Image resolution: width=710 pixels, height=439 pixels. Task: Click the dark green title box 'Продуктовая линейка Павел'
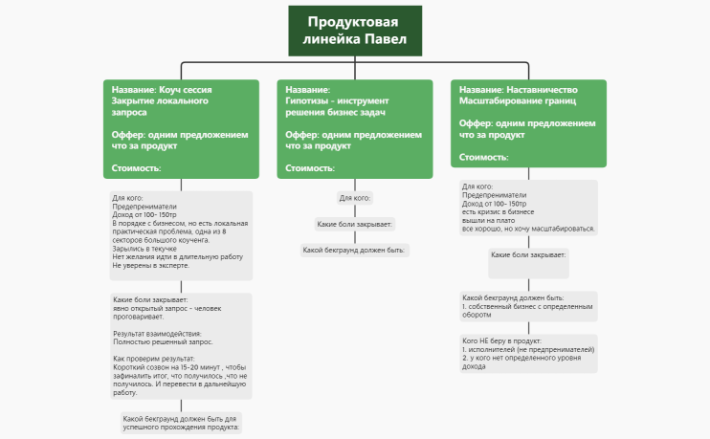click(355, 31)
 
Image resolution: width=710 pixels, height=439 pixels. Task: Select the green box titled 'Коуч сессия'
click(181, 129)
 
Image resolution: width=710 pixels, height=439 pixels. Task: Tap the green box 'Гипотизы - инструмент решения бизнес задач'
click(355, 129)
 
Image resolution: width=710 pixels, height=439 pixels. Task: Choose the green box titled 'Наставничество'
click(528, 123)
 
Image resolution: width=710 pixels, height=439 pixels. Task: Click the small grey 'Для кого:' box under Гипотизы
click(355, 198)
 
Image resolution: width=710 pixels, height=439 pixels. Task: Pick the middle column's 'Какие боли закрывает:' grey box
click(355, 224)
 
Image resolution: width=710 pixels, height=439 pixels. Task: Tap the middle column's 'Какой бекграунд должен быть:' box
click(355, 250)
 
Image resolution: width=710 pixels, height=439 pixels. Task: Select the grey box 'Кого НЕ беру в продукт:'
click(528, 354)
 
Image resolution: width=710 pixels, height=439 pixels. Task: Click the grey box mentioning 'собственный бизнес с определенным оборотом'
click(528, 306)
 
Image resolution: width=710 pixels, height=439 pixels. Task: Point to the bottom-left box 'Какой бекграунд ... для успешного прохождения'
click(181, 423)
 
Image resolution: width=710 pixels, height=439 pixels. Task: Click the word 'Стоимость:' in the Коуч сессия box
click(136, 168)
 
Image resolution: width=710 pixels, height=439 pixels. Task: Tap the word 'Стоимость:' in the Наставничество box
click(483, 157)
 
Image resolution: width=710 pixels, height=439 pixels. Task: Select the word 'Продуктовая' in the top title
click(353, 22)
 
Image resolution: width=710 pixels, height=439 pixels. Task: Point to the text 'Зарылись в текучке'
click(144, 249)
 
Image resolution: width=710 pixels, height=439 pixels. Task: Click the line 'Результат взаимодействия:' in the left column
click(157, 334)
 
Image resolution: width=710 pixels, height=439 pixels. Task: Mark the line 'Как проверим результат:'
click(154, 359)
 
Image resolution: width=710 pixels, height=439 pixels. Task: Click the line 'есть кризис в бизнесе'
click(499, 211)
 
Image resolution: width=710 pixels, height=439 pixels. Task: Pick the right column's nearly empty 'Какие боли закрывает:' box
click(528, 263)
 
